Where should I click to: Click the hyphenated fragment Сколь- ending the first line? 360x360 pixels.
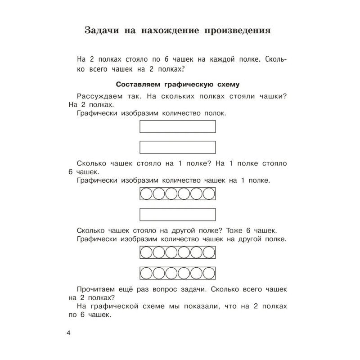tap(276, 59)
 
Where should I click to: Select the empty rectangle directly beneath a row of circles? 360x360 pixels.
tap(178, 214)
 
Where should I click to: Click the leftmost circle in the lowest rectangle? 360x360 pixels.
tap(147, 273)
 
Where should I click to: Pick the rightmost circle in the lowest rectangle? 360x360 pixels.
tap(209, 273)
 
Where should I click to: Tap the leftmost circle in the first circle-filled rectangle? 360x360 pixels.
tap(147, 194)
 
